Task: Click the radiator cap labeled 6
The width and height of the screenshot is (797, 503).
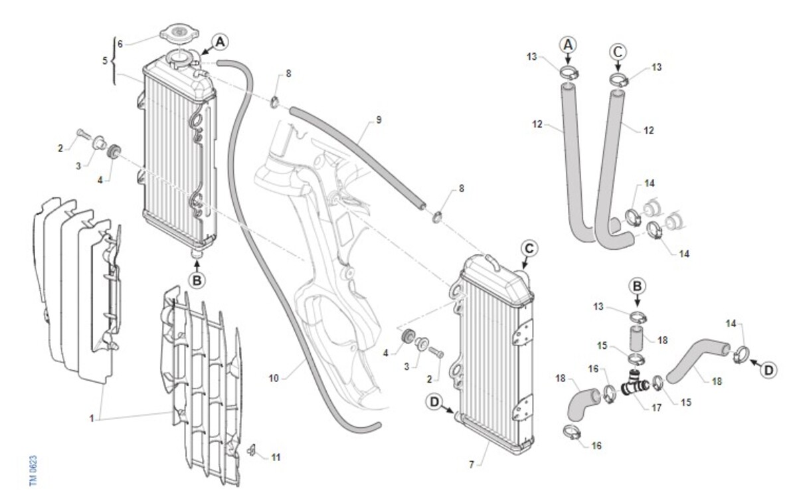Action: (177, 33)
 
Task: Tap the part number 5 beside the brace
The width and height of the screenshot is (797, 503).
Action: (104, 60)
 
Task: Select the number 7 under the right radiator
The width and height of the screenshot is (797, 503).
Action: (472, 464)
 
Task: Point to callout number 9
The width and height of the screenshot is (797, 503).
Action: (378, 120)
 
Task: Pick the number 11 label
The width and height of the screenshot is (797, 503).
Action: (275, 456)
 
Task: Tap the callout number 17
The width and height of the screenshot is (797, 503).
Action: (656, 407)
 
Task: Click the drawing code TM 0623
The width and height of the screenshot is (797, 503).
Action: (33, 472)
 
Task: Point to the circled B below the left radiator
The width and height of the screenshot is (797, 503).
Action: (197, 280)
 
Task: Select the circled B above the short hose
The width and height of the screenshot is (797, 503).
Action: (637, 287)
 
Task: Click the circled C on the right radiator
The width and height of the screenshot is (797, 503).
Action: (529, 249)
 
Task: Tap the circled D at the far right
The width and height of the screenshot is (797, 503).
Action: (768, 371)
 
